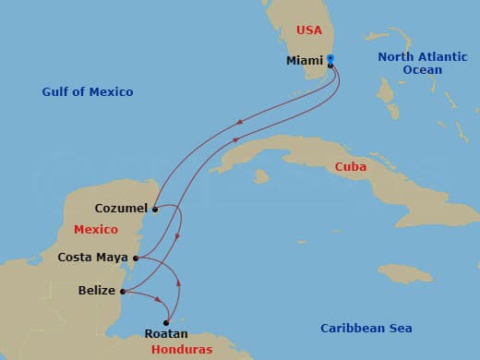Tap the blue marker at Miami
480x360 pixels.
tap(330, 59)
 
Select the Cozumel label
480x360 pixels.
tap(121, 209)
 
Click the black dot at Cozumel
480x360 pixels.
tap(155, 210)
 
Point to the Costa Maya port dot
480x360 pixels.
tap(136, 258)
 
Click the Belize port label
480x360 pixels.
tap(97, 291)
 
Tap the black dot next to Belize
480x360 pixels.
tap(123, 292)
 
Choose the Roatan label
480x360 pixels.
tap(166, 333)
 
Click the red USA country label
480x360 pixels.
tap(309, 30)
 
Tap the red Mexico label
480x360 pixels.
tap(95, 229)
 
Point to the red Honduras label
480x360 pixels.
tap(184, 349)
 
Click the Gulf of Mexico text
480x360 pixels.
tap(88, 91)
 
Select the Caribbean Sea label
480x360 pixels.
tap(366, 328)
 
